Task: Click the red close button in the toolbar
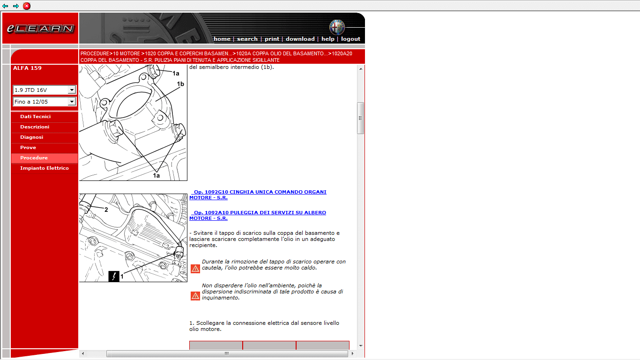tap(27, 6)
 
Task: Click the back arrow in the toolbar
tap(5, 6)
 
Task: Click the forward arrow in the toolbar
tap(16, 6)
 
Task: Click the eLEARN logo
tap(40, 28)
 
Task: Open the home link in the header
tap(222, 39)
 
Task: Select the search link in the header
tap(247, 39)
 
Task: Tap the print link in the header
tap(272, 39)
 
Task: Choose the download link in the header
tap(300, 39)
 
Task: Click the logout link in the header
tap(350, 39)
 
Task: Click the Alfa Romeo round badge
tap(337, 27)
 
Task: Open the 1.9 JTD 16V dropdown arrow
tap(72, 90)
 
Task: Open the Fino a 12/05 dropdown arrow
tap(72, 102)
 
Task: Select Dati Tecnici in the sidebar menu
tap(36, 116)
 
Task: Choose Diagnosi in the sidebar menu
tap(32, 137)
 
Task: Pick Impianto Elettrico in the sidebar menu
tap(45, 168)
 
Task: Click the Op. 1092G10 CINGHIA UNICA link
tap(258, 195)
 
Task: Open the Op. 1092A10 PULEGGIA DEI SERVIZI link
tap(257, 215)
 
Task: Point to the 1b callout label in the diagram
tap(180, 84)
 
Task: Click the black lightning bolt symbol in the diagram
tap(114, 277)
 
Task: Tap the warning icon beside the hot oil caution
tap(195, 269)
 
